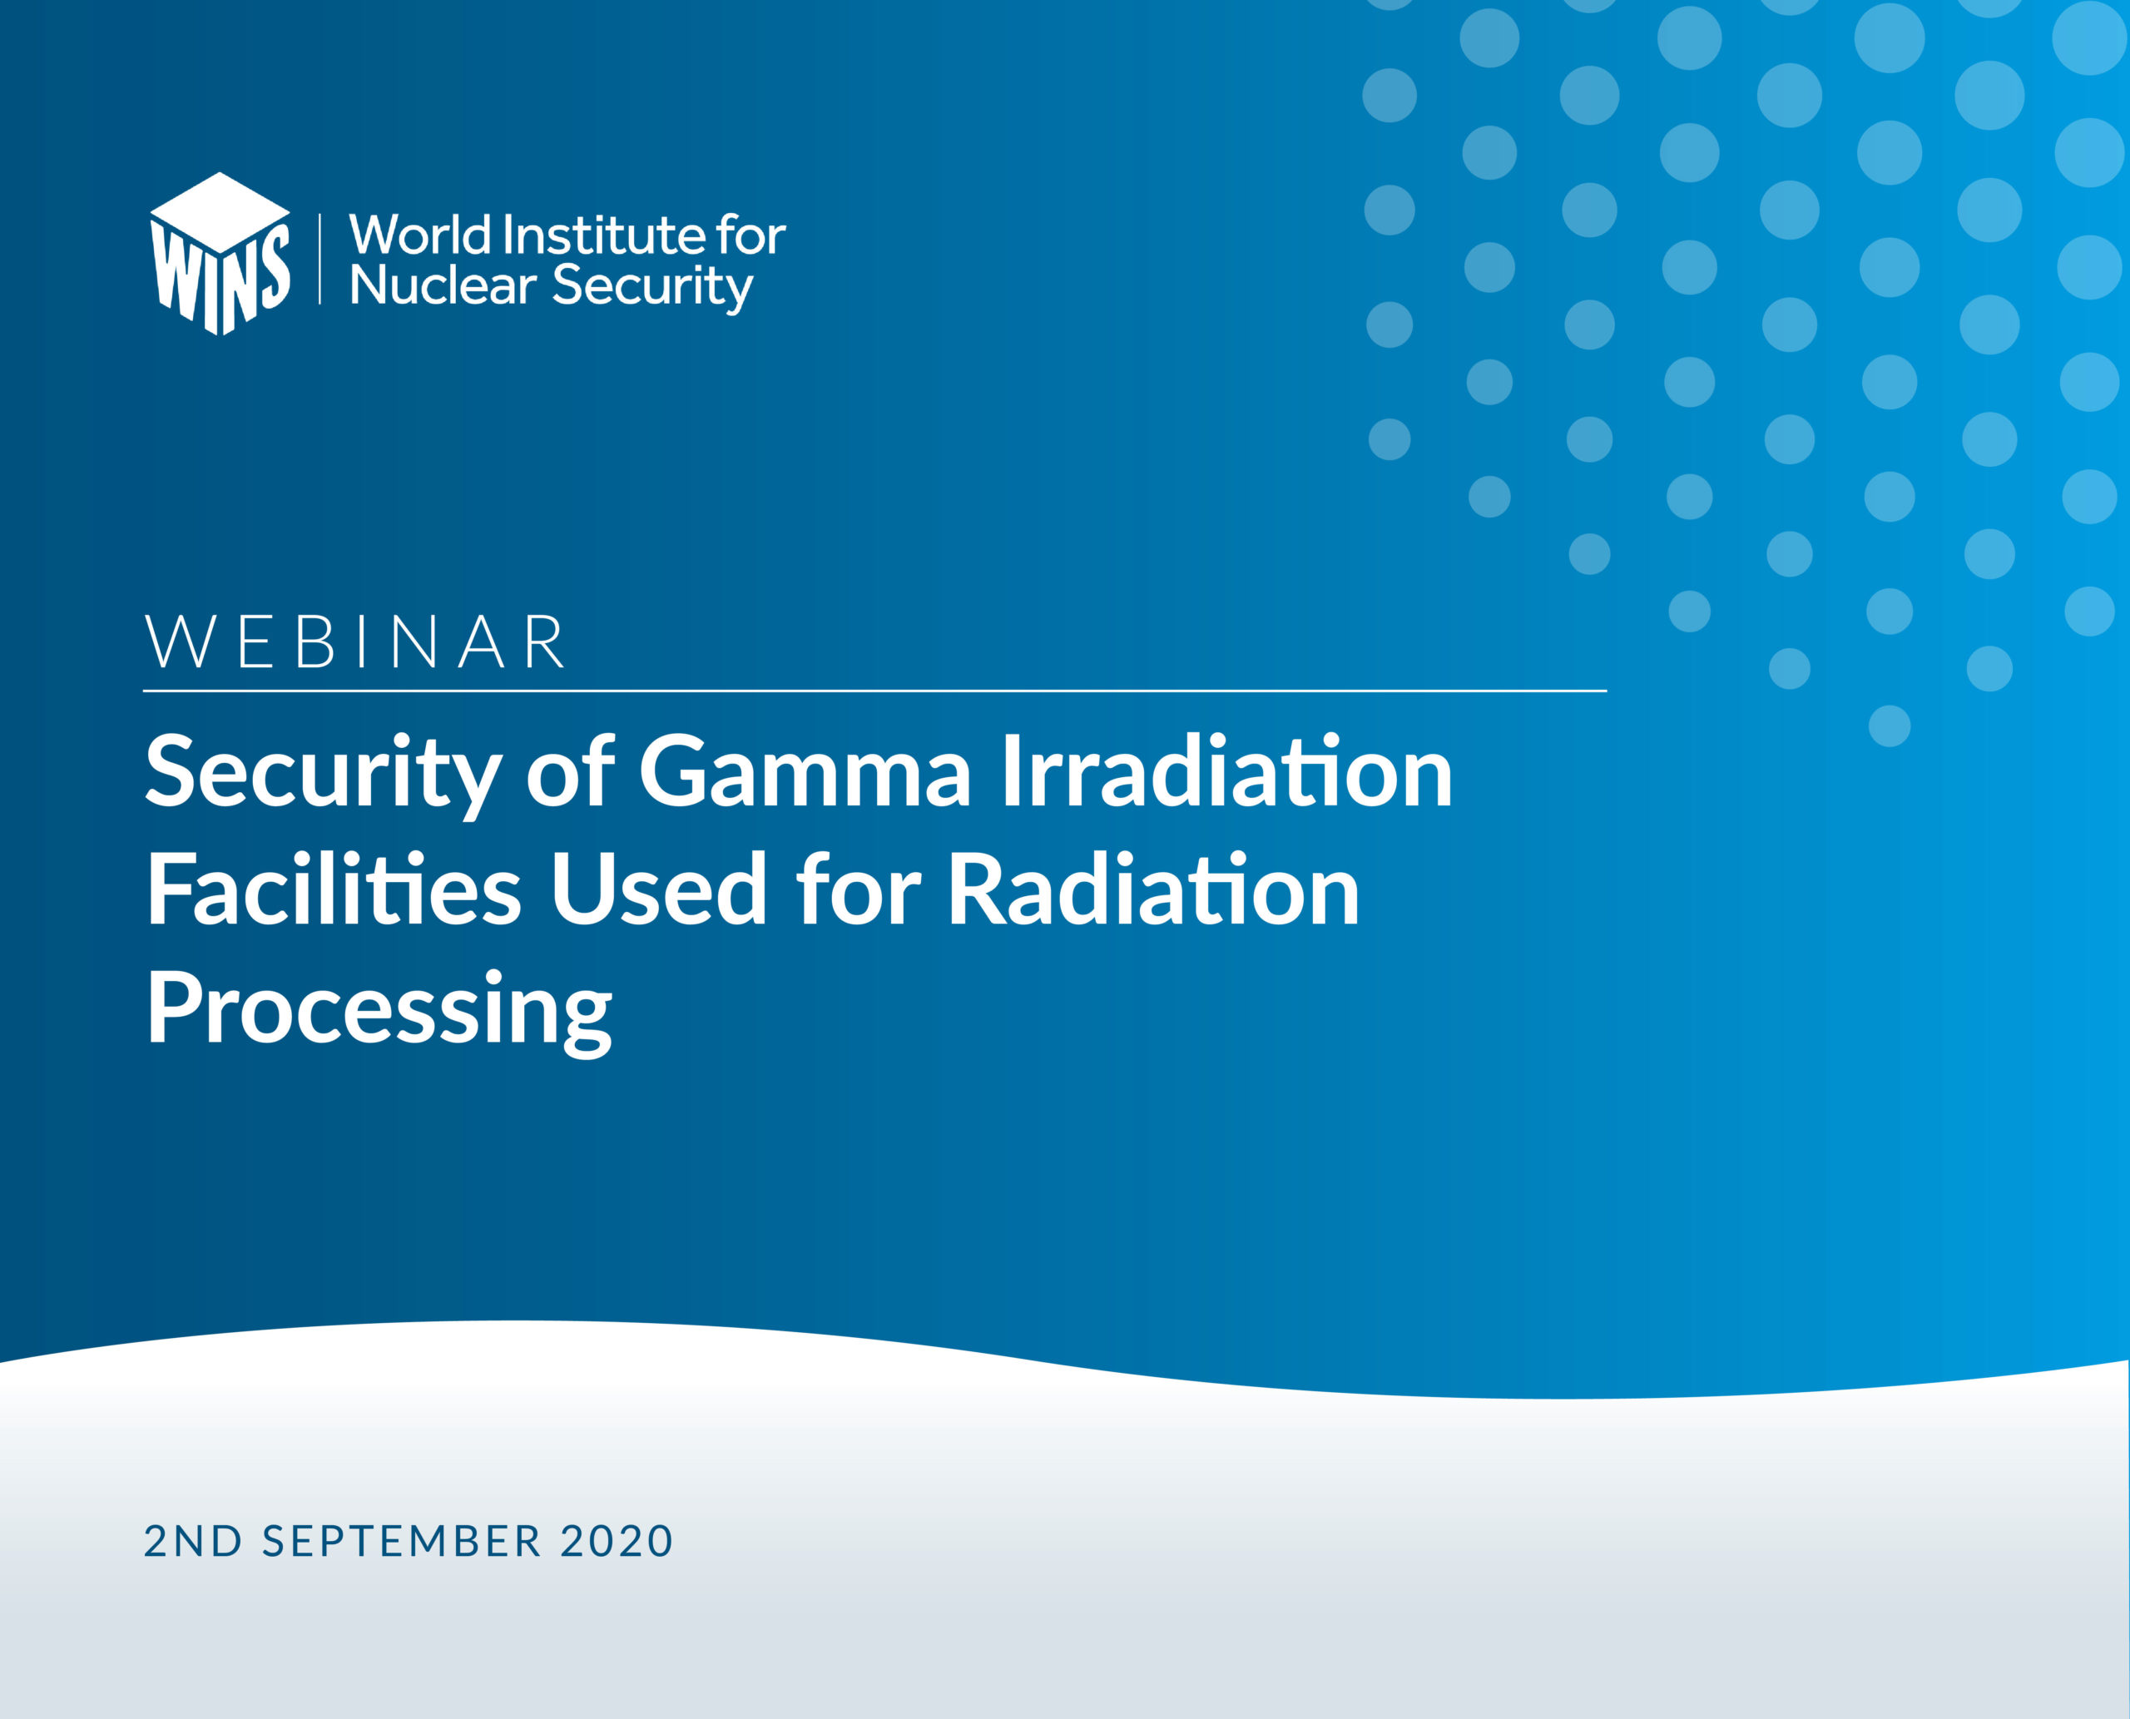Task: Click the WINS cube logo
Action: pyautogui.click(x=220, y=254)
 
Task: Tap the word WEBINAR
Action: pyautogui.click(x=356, y=642)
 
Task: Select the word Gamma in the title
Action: pyautogui.click(x=804, y=771)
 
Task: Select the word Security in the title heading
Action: pyautogui.click(x=322, y=776)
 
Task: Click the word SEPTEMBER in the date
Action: pyautogui.click(x=402, y=1542)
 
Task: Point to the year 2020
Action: pyautogui.click(x=617, y=1542)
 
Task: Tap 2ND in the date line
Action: pyautogui.click(x=193, y=1542)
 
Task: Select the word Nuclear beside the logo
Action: pyautogui.click(x=443, y=285)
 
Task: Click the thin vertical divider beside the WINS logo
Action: pyautogui.click(x=319, y=259)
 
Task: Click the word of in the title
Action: pyautogui.click(x=571, y=771)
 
